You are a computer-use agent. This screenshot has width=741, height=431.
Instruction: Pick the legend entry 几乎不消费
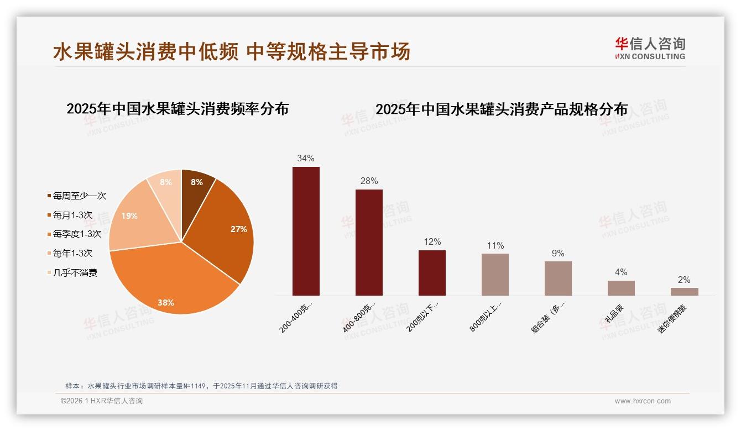coord(75,272)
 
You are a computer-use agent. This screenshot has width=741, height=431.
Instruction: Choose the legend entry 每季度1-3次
coord(77,234)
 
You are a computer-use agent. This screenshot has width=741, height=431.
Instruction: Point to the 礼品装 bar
coord(621,288)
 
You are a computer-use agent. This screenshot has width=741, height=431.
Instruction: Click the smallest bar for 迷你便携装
coord(684,291)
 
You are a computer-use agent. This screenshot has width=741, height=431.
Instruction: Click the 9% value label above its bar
coord(558,253)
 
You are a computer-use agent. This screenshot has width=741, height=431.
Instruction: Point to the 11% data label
coord(495,245)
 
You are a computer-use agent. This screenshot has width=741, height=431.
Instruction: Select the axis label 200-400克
coord(296,318)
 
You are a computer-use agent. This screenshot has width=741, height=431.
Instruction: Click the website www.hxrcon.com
coord(643,401)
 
